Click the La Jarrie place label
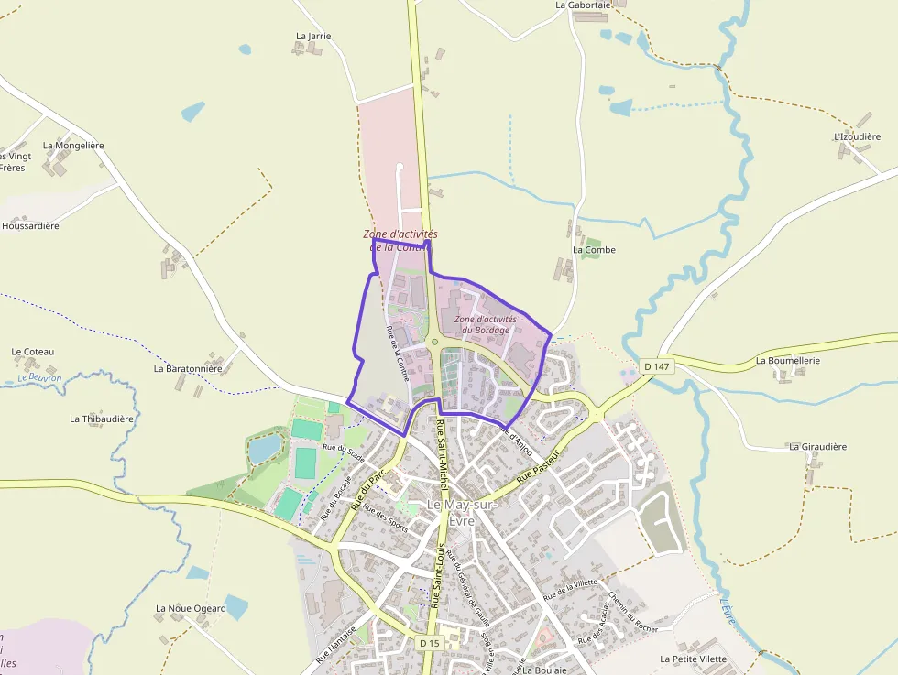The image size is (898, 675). click(313, 37)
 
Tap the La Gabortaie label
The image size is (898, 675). click(583, 5)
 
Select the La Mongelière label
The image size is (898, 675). click(73, 146)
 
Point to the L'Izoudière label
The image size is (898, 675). click(857, 137)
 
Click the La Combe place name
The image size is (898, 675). click(594, 250)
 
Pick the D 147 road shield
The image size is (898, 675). click(656, 366)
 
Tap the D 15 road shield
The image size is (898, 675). click(429, 643)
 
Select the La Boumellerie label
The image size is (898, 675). click(787, 361)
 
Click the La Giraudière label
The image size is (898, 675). click(817, 447)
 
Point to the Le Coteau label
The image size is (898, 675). click(33, 352)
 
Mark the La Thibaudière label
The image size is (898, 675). click(102, 419)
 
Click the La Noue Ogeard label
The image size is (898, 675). click(191, 608)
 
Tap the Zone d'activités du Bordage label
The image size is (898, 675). click(486, 324)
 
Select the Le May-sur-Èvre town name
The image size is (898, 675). click(462, 513)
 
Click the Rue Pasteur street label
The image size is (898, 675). click(538, 466)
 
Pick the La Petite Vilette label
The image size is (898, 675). click(693, 659)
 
